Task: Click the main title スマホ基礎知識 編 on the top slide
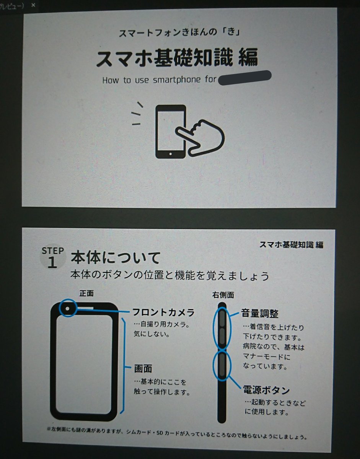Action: click(x=177, y=57)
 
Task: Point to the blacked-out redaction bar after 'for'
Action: click(x=244, y=78)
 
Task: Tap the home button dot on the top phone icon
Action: click(x=171, y=154)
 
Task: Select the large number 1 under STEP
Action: click(x=52, y=262)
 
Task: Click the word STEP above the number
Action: click(x=53, y=251)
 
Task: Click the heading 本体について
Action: click(x=116, y=257)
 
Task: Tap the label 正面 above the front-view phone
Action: click(x=86, y=293)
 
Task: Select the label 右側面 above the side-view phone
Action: click(x=223, y=295)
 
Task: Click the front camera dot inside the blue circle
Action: click(x=68, y=309)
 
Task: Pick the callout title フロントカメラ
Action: click(x=163, y=313)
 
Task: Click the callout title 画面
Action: click(x=143, y=369)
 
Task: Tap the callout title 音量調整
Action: click(x=260, y=313)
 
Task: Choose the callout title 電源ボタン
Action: click(x=266, y=390)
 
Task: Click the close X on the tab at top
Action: click(x=33, y=5)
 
